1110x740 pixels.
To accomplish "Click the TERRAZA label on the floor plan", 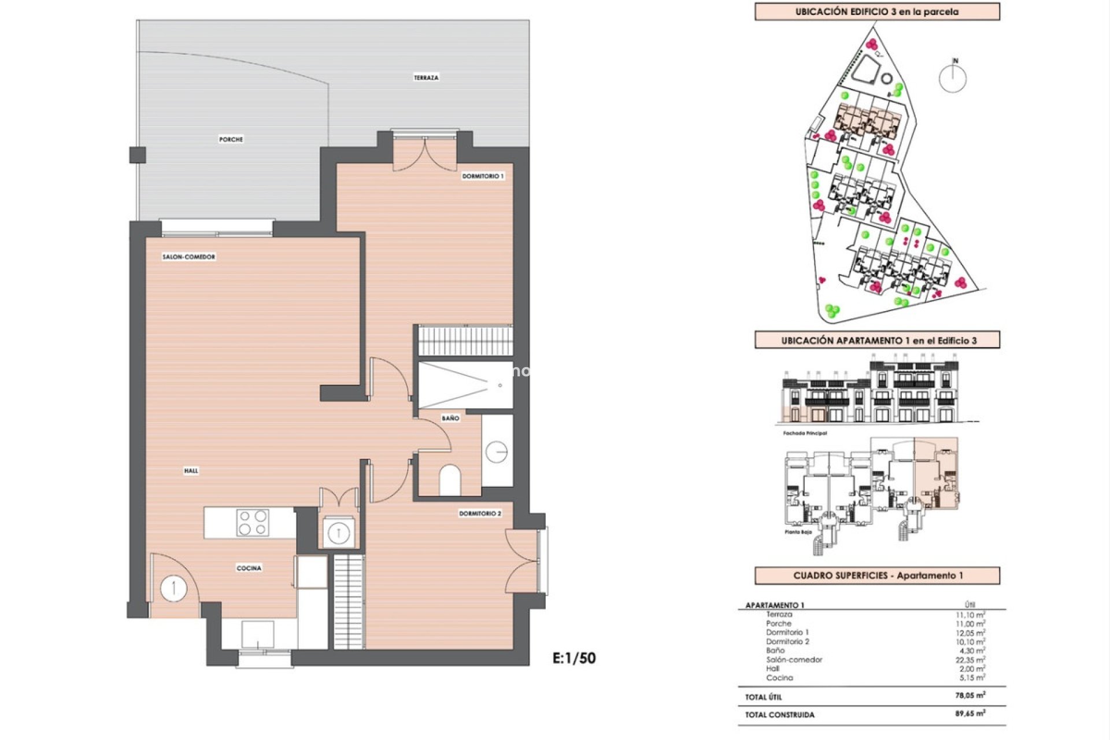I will coord(426,77).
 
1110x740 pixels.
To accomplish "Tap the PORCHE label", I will coord(231,139).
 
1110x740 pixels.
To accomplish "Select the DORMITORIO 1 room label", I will coord(483,176).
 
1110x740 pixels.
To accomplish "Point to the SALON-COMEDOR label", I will coord(188,257).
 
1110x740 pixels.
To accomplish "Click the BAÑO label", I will coord(450,418).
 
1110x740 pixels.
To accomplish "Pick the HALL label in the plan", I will coord(191,471).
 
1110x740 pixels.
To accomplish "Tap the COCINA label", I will coord(249,568).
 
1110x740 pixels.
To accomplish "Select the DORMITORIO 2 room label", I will coord(480,513).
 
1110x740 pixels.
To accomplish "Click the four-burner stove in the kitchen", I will coord(253,523).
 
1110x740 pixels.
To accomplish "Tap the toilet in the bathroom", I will coord(450,480).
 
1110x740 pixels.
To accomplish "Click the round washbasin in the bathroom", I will coord(496,452).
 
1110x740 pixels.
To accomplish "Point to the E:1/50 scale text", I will coord(574,658).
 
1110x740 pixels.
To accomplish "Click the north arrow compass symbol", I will coord(952,77).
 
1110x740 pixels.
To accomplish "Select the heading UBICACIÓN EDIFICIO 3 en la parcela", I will coord(876,12).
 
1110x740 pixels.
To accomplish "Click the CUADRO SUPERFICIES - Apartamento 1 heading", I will coord(878,576).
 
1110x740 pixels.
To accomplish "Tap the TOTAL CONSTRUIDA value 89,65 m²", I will coord(970,714).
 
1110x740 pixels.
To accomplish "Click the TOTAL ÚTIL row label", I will coord(763,697).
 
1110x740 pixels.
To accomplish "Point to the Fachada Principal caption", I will coord(805,433).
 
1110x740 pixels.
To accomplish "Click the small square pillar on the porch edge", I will coord(138,155).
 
